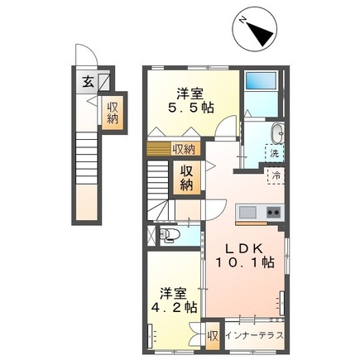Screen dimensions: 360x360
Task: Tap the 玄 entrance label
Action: (x=87, y=81)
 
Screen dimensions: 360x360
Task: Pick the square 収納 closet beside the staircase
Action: (x=187, y=176)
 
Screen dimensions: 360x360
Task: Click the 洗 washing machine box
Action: (x=273, y=153)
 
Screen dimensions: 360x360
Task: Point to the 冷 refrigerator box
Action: (x=273, y=175)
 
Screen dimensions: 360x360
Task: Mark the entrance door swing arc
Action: (x=84, y=57)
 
